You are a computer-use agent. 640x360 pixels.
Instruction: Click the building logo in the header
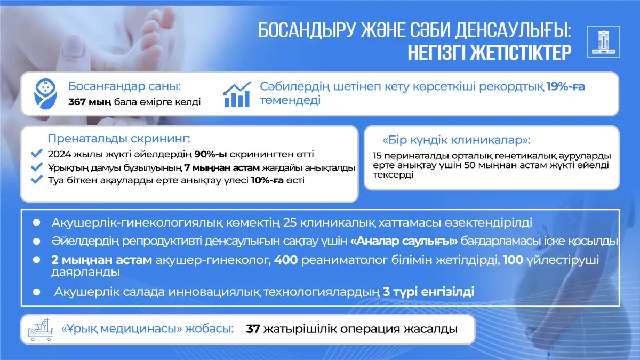point(603,42)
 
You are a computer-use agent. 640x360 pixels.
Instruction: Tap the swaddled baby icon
point(45,94)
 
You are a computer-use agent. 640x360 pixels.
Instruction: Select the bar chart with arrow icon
point(237,94)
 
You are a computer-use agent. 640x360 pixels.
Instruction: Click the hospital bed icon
point(41,330)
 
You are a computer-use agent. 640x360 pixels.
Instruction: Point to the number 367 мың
point(90,102)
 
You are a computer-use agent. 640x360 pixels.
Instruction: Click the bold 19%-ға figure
point(566,86)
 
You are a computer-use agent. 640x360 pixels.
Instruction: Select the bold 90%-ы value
point(211,154)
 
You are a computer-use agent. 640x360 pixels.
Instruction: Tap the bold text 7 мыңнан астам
point(222,167)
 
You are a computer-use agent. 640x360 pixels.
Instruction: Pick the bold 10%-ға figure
point(267,181)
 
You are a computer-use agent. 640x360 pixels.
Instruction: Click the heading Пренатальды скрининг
point(119,139)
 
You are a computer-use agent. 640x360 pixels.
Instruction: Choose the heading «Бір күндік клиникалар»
point(457,140)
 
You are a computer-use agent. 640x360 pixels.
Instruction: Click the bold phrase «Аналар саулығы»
point(404,241)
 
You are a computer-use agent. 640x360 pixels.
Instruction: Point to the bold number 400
point(286,260)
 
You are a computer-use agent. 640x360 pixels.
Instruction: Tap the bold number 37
point(253,329)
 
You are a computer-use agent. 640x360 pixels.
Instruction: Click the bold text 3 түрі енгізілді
point(428,292)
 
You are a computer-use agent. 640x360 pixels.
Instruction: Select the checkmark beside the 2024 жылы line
point(37,154)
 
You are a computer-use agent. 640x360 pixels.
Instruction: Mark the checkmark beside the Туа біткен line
point(37,180)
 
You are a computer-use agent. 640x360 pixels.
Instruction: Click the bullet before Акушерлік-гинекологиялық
point(37,222)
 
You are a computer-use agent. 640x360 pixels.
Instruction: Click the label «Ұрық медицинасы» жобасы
point(147,329)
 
